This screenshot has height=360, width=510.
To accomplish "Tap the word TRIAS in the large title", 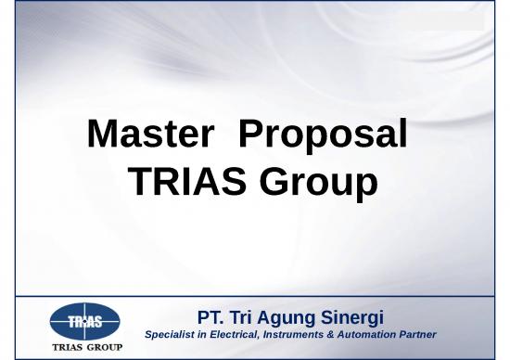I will [181, 183].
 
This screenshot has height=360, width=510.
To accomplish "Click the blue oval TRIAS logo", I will [84, 322].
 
